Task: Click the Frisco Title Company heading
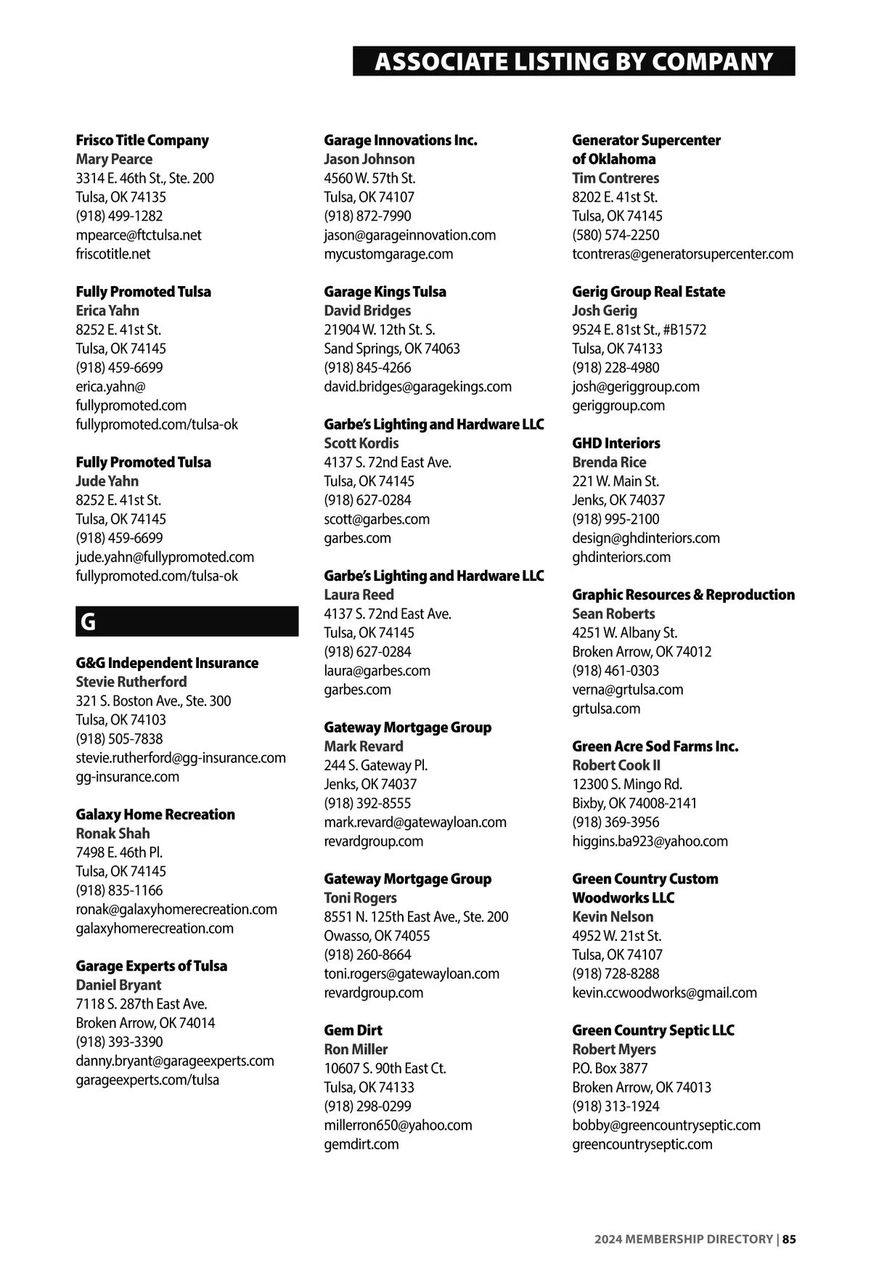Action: click(142, 140)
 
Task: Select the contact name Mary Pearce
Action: click(114, 159)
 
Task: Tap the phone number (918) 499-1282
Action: click(119, 216)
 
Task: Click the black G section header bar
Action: click(187, 621)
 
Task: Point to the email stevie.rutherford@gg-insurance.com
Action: click(181, 757)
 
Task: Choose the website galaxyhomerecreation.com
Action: click(155, 928)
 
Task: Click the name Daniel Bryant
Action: click(118, 985)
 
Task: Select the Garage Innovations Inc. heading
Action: click(401, 140)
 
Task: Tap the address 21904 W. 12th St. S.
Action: click(380, 330)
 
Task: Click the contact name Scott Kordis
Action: click(361, 443)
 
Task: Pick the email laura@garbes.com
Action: click(377, 670)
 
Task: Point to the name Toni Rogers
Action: click(360, 897)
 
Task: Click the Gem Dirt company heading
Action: click(353, 1030)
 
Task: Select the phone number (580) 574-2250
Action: click(616, 235)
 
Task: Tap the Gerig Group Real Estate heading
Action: click(648, 291)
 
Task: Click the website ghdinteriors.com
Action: click(621, 557)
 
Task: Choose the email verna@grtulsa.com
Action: click(627, 689)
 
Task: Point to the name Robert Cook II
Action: click(616, 765)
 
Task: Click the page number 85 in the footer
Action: click(789, 1239)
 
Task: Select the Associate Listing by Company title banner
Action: click(573, 62)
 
